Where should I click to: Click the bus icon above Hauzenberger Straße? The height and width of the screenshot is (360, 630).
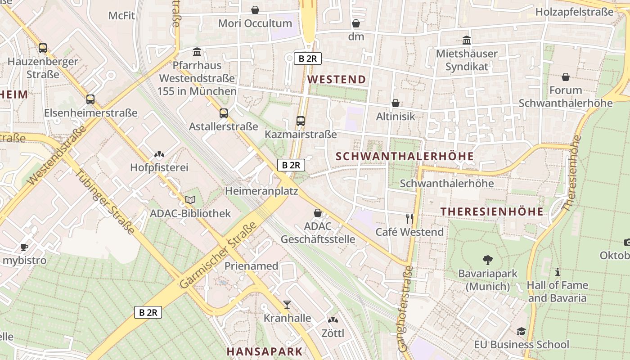(x=43, y=48)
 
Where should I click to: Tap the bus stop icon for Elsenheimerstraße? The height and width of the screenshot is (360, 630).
(x=90, y=99)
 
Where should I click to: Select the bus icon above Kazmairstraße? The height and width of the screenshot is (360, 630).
(x=301, y=121)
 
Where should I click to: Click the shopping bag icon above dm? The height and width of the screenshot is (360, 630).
(x=356, y=23)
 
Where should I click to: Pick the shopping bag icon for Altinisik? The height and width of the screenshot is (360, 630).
(x=396, y=103)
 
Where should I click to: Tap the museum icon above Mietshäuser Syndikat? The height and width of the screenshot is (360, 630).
(x=467, y=40)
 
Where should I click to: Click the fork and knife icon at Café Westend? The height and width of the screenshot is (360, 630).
(x=409, y=219)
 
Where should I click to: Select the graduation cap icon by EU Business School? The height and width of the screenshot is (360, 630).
(x=521, y=331)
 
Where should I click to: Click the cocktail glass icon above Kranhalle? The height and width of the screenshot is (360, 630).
(x=287, y=305)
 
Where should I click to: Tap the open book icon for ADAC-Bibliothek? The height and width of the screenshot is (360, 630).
(x=190, y=200)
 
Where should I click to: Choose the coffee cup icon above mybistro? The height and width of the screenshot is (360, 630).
(x=24, y=247)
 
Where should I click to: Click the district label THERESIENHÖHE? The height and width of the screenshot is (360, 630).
(x=492, y=211)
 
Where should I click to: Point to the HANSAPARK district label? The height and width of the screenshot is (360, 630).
(x=264, y=351)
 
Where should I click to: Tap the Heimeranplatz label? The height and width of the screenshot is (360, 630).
(x=261, y=191)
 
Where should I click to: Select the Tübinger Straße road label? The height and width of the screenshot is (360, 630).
(x=104, y=202)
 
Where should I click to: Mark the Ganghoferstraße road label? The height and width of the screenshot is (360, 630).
(x=405, y=308)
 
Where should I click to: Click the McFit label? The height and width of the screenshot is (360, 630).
(x=121, y=16)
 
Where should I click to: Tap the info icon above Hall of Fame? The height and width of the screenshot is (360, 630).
(x=558, y=272)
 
